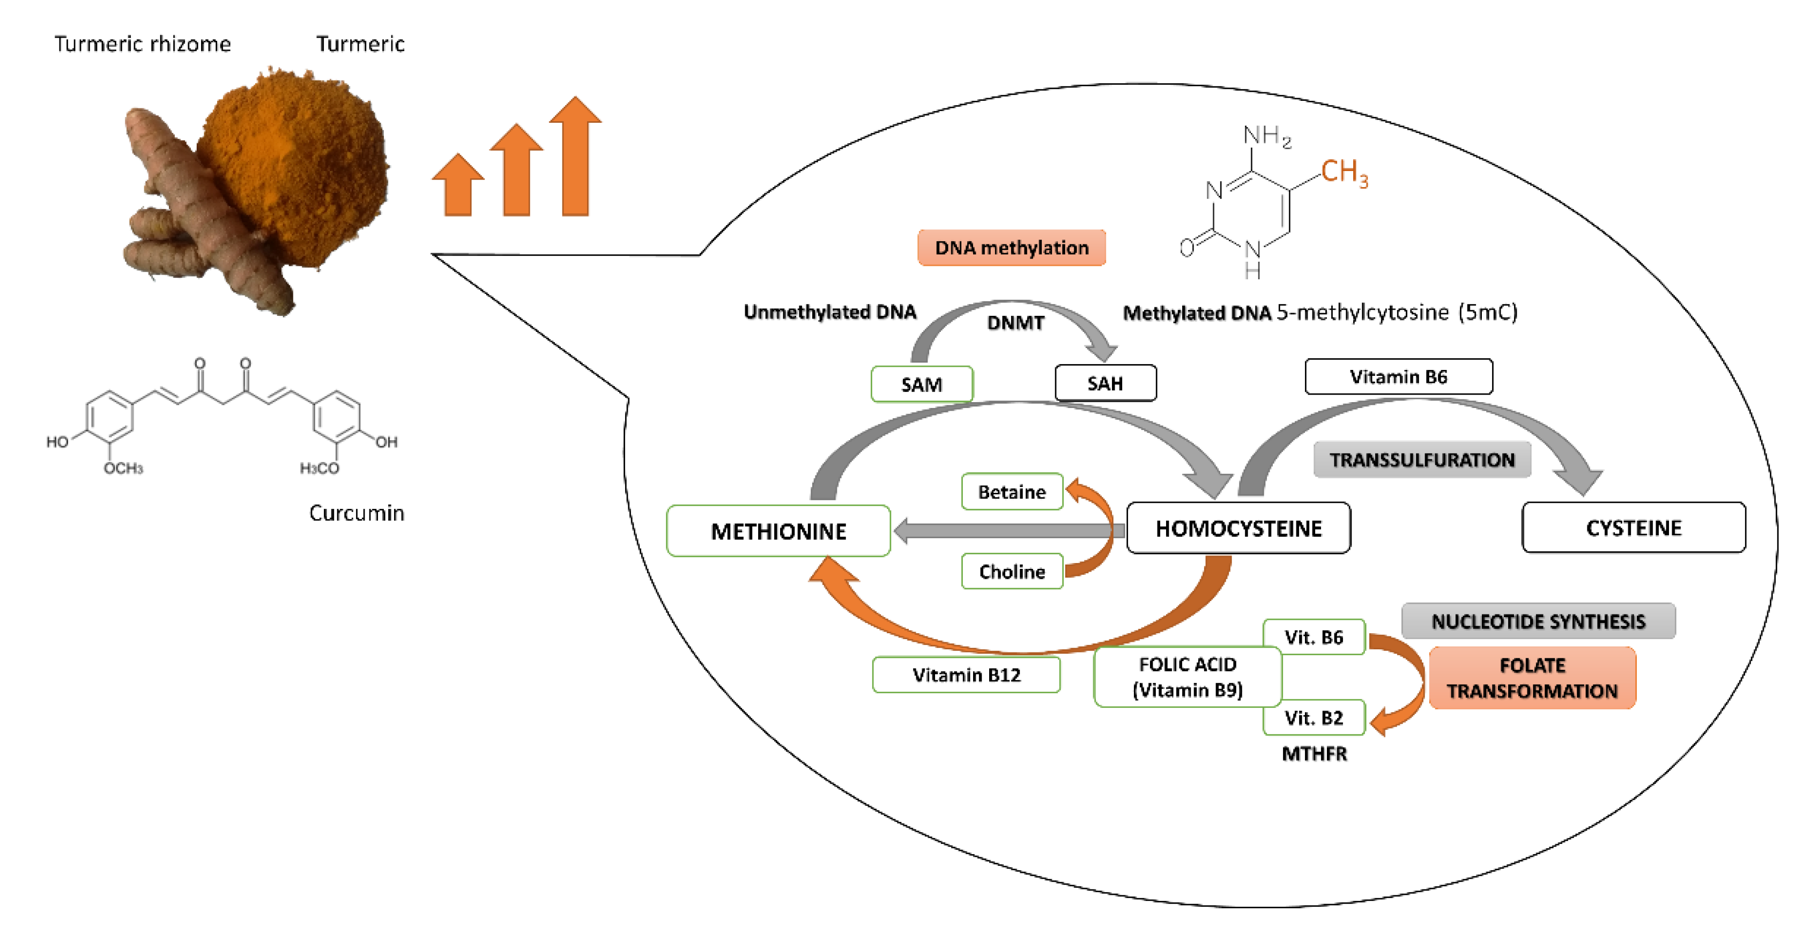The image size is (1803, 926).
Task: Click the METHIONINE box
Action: (x=778, y=531)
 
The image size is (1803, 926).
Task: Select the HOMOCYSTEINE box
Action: (x=1238, y=529)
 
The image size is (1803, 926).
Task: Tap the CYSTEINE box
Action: (x=1633, y=528)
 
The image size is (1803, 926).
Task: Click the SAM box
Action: (x=921, y=384)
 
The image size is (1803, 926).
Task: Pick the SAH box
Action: (x=1104, y=383)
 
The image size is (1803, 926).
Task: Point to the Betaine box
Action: (x=1011, y=492)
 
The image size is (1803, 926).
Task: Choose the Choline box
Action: (x=1011, y=572)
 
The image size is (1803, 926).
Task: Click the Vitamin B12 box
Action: (x=966, y=675)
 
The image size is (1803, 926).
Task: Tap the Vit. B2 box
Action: (x=1313, y=718)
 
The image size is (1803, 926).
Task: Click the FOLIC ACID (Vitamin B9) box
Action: (x=1187, y=677)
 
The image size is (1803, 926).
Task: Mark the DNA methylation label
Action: (x=1011, y=248)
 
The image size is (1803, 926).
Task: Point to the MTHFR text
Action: (x=1314, y=754)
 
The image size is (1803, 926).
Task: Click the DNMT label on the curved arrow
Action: (x=1015, y=323)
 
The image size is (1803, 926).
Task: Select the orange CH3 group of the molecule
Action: (x=1344, y=172)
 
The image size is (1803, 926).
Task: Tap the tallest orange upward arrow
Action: (x=575, y=158)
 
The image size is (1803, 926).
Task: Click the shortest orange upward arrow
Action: (x=458, y=186)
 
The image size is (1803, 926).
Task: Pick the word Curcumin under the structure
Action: (x=357, y=513)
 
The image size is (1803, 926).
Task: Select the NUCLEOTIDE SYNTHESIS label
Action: (x=1538, y=621)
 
